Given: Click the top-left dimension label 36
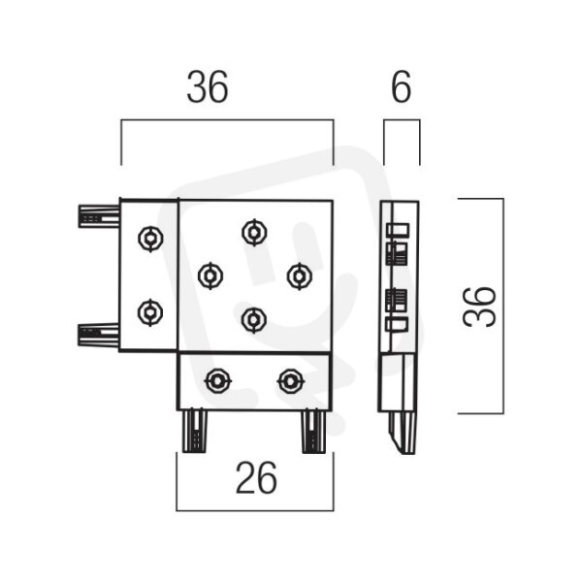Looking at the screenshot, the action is [x=208, y=87].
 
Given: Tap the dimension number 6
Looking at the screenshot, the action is [x=402, y=87].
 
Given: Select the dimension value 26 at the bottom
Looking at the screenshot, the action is [x=256, y=478].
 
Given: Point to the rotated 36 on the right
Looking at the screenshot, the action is [x=479, y=307].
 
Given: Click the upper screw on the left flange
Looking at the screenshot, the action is [x=150, y=239].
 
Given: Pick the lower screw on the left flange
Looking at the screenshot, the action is [x=150, y=312].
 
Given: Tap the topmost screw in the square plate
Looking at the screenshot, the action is [x=254, y=233].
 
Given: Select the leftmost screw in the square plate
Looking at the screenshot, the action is [x=210, y=275].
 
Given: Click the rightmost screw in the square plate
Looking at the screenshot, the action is [x=300, y=276].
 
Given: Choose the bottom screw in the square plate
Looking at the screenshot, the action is [x=254, y=319].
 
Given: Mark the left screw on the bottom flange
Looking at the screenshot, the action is [x=218, y=381].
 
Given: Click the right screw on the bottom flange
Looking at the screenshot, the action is [x=291, y=381].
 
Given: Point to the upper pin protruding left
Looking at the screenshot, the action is [x=99, y=216].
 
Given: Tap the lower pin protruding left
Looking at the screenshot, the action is [x=98, y=336].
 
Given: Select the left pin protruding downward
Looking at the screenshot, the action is [x=195, y=432].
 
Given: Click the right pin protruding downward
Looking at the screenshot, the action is [x=313, y=432].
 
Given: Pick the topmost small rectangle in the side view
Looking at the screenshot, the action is [x=398, y=229].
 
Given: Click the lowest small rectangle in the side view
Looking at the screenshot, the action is [x=397, y=324].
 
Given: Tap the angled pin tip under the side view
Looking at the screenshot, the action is [x=402, y=434].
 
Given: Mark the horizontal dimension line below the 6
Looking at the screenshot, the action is [x=402, y=120].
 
